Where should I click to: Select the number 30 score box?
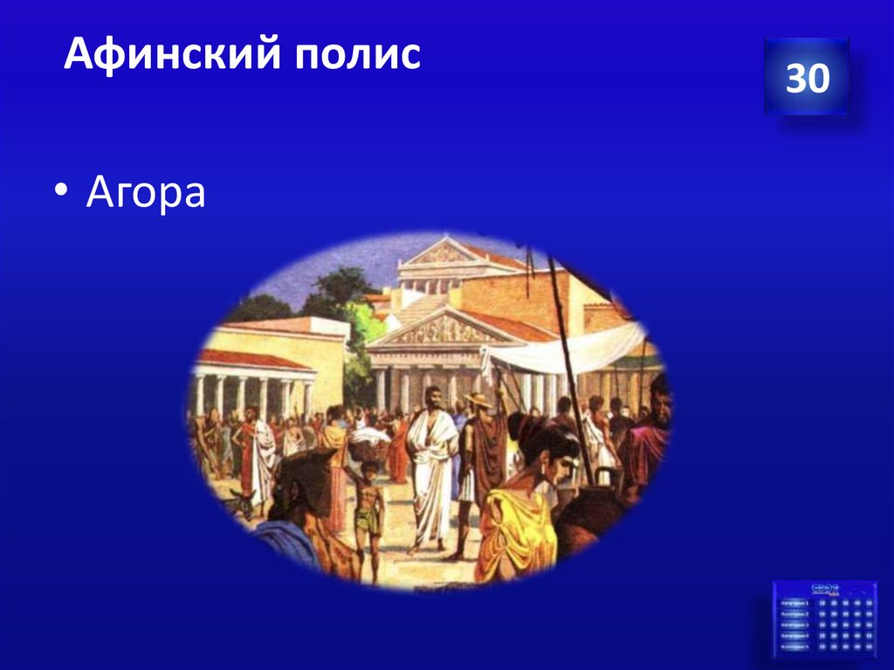point(807,78)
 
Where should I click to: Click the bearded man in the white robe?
point(433,463)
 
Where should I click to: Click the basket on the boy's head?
point(369,448)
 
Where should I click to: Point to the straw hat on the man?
point(478,400)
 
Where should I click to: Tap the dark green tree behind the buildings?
point(340,288)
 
